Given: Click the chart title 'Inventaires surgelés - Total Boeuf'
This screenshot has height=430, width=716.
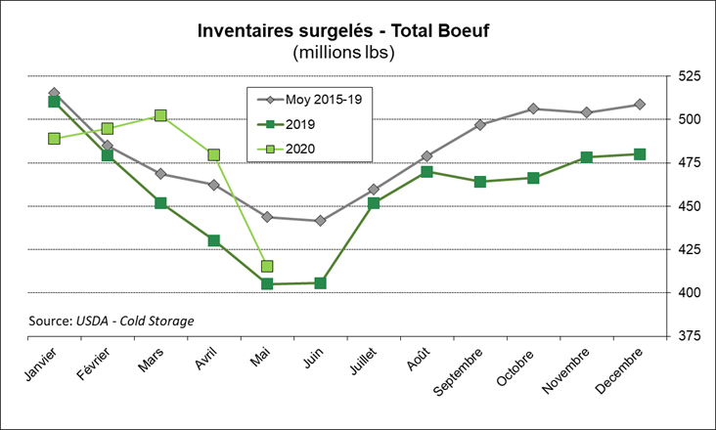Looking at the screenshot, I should (x=357, y=30).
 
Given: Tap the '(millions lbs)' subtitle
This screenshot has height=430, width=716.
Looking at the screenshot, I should (x=357, y=53).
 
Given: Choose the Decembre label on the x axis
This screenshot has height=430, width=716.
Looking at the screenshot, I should (x=618, y=370).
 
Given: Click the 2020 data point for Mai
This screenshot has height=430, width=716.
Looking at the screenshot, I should (x=267, y=266).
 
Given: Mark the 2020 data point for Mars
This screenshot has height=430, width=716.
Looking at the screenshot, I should (x=160, y=115).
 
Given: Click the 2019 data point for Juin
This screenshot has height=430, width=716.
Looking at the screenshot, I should (x=320, y=283).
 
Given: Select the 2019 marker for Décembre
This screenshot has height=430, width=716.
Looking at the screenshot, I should (x=640, y=153).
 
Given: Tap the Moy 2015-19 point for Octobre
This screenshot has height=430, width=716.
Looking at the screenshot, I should (x=533, y=108).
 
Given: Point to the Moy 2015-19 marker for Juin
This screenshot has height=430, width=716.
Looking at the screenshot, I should (x=320, y=221).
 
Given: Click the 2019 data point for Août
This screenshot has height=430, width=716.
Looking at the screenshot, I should (x=426, y=172).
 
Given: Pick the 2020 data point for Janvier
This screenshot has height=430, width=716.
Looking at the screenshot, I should (x=54, y=139).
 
